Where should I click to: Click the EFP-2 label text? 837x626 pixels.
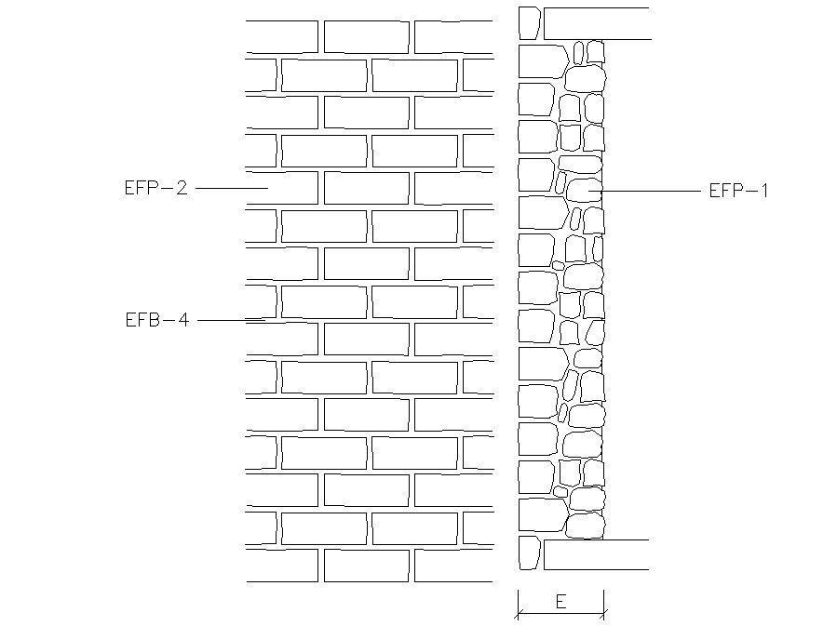(x=155, y=188)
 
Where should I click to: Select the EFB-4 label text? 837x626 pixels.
(x=156, y=320)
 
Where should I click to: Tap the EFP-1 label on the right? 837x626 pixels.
(x=739, y=191)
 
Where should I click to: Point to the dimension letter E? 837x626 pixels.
(x=560, y=602)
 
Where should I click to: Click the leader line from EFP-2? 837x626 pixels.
(x=231, y=188)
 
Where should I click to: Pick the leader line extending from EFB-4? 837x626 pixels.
(x=231, y=320)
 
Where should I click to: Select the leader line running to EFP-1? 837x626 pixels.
(x=652, y=191)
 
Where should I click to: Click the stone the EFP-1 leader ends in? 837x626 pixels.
(x=584, y=191)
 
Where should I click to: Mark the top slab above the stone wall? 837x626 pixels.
(x=596, y=23)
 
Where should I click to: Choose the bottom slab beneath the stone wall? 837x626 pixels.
(x=596, y=554)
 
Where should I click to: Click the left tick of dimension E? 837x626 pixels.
(x=518, y=613)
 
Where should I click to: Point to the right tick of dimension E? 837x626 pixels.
(x=604, y=613)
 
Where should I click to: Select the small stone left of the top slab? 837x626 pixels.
(x=529, y=23)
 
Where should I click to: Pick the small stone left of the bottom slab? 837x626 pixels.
(x=529, y=553)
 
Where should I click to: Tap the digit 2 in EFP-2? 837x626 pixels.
(x=182, y=188)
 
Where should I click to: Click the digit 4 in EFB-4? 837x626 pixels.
(x=183, y=320)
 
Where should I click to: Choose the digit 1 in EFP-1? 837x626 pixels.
(x=764, y=191)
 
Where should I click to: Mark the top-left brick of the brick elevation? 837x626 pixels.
(x=282, y=36)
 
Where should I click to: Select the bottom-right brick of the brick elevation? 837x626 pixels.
(x=453, y=566)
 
